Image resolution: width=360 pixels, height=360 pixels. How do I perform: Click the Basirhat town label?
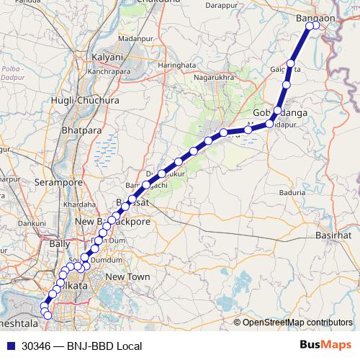click(x=334, y=235)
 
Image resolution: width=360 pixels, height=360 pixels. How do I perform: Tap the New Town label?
click(x=127, y=276)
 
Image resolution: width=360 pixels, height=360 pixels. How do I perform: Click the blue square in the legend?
click(x=10, y=346)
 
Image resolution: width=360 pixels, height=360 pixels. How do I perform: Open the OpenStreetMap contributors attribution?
click(x=297, y=322)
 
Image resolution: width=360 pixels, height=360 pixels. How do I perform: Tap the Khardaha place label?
click(x=78, y=204)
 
